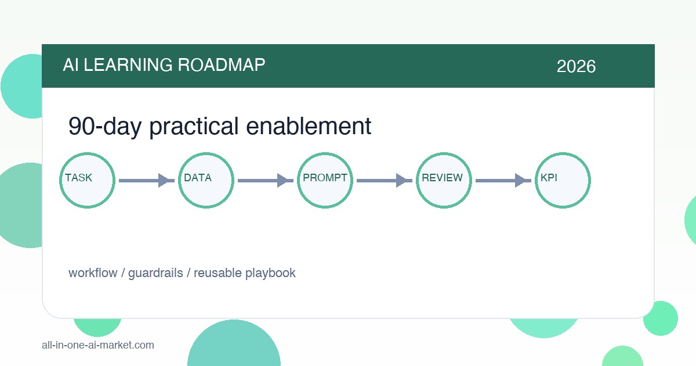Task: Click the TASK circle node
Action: [x=88, y=181]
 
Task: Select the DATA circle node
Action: [x=206, y=181]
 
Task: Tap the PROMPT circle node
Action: [x=325, y=181]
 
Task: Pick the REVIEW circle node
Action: [x=444, y=181]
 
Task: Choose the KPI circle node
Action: [x=563, y=181]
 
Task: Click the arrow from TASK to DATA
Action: [x=147, y=181]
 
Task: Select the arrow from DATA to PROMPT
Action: [x=266, y=181]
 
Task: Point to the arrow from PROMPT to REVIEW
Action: [x=385, y=181]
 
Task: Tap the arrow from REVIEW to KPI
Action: [x=503, y=181]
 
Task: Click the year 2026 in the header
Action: [x=576, y=66]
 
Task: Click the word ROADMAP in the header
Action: [x=221, y=65]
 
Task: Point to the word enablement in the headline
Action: [x=309, y=126]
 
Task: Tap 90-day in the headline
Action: [x=105, y=127]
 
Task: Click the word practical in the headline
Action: [x=194, y=127]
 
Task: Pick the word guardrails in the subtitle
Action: [x=155, y=273]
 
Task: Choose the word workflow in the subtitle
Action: [x=93, y=273]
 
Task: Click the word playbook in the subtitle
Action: [x=270, y=273]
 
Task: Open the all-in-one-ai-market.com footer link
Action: [x=98, y=345]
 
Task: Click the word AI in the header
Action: [x=71, y=65]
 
